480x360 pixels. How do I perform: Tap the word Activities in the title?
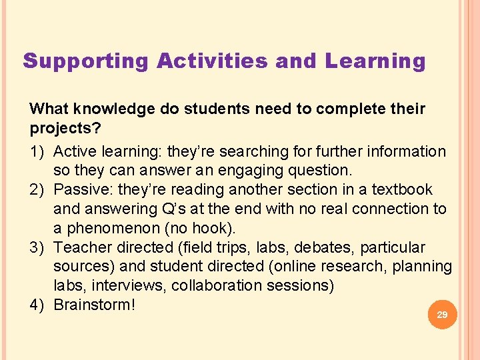click(x=213, y=61)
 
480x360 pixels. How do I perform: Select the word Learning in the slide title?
click(x=375, y=61)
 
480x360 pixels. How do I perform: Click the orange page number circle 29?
click(x=441, y=314)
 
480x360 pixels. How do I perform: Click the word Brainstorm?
click(x=95, y=305)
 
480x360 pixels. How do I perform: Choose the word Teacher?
click(x=80, y=247)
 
